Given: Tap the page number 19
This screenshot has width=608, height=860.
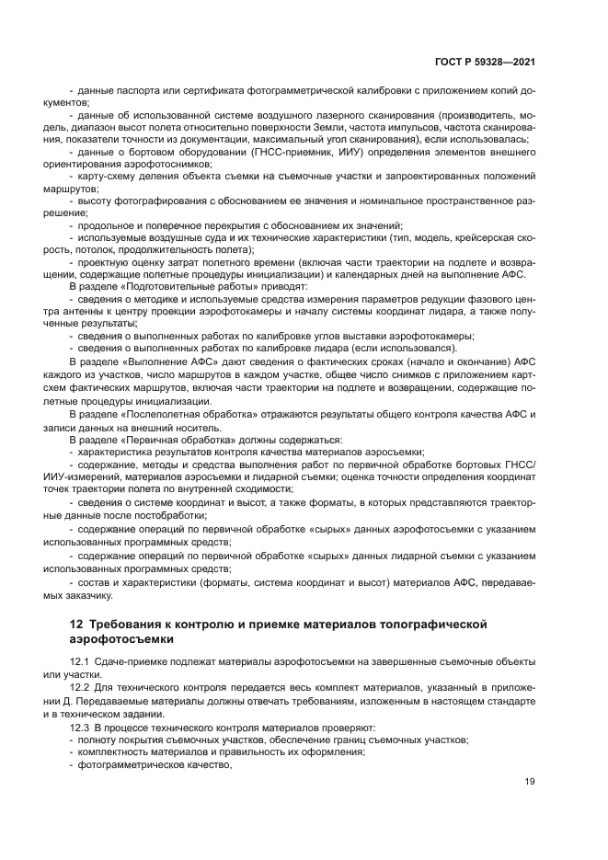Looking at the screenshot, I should point(530,782).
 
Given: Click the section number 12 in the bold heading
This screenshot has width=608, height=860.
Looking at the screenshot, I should point(77,625).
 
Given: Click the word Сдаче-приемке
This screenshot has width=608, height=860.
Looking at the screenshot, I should point(126,662).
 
